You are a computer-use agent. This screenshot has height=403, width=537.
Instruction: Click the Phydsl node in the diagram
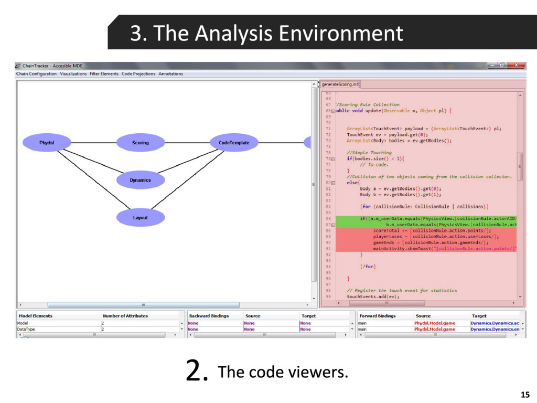click(47, 143)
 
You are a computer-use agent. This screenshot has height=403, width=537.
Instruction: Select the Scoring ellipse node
click(140, 143)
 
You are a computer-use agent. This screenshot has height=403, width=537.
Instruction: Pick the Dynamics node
click(140, 180)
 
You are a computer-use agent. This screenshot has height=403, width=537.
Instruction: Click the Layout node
click(140, 217)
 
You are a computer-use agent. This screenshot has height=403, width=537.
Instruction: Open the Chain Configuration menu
click(36, 74)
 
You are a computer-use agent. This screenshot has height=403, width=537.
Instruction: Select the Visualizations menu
click(73, 74)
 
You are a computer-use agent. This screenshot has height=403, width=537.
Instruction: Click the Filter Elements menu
click(104, 74)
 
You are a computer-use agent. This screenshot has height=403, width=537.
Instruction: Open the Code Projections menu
click(138, 74)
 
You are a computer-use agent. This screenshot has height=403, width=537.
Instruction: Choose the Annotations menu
click(170, 74)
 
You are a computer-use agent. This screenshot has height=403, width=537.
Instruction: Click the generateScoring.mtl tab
click(340, 84)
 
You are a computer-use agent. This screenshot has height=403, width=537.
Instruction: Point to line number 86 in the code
click(328, 218)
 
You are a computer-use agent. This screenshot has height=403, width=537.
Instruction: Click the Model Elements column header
click(35, 316)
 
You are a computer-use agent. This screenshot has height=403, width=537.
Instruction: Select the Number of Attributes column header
click(125, 316)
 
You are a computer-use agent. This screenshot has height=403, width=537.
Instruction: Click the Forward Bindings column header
click(378, 316)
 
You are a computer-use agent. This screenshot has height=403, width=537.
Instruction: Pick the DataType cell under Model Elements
click(26, 330)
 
